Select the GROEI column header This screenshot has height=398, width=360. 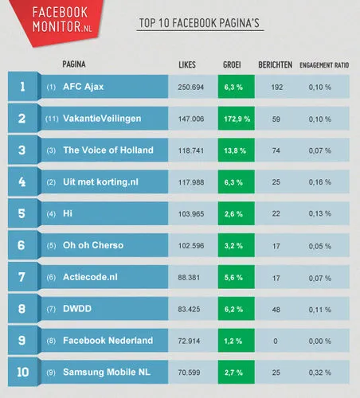click(233, 64)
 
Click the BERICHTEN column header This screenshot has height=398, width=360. click(275, 64)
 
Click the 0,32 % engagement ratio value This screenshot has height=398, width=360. click(322, 373)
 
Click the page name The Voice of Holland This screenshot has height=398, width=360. click(108, 150)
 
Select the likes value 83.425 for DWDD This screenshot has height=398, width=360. click(194, 308)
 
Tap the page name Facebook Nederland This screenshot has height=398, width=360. click(108, 341)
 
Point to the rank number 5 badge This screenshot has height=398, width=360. click(22, 213)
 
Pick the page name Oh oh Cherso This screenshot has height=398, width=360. click(93, 245)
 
